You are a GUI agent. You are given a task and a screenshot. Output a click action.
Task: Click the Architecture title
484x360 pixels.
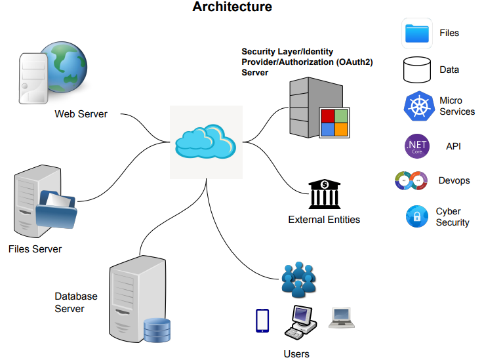[232, 8]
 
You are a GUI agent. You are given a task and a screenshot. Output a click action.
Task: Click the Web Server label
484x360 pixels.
[81, 114]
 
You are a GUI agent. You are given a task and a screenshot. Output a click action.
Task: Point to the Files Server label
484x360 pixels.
[35, 249]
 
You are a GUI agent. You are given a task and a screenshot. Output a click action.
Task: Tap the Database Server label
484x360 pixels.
[75, 302]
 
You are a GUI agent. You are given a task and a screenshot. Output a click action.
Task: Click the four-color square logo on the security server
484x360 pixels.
[333, 122]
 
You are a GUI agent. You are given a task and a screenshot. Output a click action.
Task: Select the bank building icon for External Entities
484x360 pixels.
[324, 194]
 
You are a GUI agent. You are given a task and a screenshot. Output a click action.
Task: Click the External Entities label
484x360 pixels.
[324, 220]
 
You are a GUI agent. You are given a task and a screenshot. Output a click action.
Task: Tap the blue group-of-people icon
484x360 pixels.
[298, 279]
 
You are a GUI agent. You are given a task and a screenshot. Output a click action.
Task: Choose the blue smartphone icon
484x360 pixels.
[262, 320]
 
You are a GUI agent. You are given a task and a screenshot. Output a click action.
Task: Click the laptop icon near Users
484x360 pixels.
[342, 317]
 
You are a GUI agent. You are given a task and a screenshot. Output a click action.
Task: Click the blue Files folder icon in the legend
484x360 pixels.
[416, 33]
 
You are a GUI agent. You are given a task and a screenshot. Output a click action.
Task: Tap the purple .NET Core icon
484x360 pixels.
[416, 146]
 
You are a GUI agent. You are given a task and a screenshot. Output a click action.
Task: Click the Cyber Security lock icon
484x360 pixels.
[416, 216]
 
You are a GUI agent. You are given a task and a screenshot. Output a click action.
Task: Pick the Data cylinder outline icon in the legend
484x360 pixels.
[416, 70]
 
